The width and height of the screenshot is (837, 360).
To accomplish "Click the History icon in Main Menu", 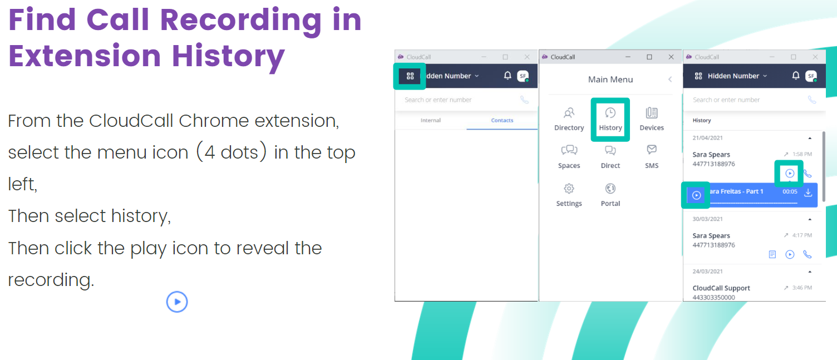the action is coord(610,113).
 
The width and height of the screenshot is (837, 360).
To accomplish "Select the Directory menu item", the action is coord(569,120).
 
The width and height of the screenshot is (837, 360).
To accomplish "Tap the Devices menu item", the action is coord(652,120).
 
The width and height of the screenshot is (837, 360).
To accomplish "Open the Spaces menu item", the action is coord(569,157).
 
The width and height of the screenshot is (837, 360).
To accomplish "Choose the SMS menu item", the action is coord(652,157).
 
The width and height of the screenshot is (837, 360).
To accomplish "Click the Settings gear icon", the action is coord(569,189).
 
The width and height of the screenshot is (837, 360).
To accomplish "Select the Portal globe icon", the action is coord(610,189).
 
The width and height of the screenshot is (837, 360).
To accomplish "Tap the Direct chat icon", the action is coord(610,150).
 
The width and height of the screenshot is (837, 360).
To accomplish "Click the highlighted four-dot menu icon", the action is coord(410,76).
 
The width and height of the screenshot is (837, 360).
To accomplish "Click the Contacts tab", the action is coord(502,120).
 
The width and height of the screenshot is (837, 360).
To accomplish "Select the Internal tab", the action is coord(430,120).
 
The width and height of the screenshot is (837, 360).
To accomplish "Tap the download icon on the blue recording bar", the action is coord(808,193).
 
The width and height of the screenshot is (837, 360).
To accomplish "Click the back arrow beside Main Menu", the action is coord(670,79).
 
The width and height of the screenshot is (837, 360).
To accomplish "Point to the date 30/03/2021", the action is coord(707,219).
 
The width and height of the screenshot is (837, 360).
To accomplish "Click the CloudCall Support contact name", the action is coord(721,288).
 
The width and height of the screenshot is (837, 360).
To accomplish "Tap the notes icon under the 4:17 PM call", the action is coord(772,254).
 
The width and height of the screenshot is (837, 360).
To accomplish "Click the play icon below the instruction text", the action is coord(177,302).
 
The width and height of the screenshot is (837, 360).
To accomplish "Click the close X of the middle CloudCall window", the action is coord(671,57).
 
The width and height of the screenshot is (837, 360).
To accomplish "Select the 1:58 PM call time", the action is coord(802,154).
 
